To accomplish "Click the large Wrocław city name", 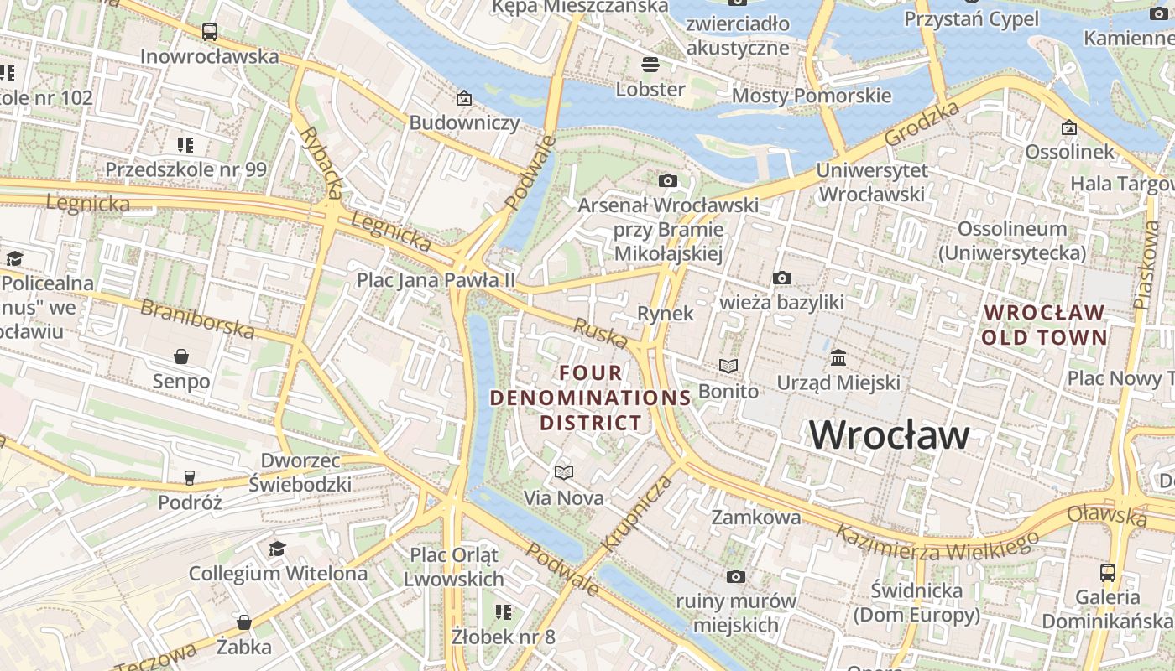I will [889, 434].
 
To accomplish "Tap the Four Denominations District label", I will [590, 398].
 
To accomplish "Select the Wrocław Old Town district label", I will [1044, 325].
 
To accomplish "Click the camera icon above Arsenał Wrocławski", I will [668, 180].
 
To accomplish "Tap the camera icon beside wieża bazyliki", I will [781, 278].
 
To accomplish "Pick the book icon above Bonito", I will [728, 366].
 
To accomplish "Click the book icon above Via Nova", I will [564, 473].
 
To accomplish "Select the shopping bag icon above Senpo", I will [181, 356].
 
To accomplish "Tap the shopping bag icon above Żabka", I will [243, 622].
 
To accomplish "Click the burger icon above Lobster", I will [650, 64].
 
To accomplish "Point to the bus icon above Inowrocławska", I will [210, 32].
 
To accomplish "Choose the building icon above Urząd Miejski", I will [838, 358].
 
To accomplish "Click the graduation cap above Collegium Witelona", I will [277, 549].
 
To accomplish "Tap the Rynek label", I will [666, 314].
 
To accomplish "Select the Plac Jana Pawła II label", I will [436, 279].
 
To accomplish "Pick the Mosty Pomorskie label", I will [812, 96].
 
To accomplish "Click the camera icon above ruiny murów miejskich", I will [736, 576].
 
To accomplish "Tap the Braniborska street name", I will [197, 319].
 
